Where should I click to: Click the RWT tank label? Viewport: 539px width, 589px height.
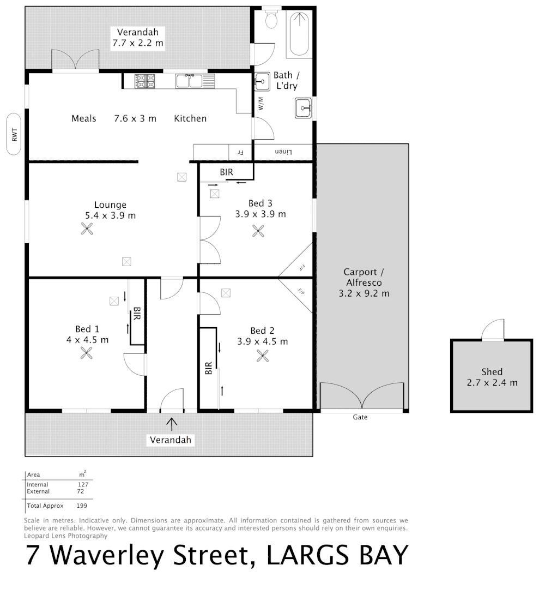pyautogui.click(x=15, y=134)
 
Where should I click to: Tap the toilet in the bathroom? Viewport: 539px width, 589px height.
pyautogui.click(x=271, y=20)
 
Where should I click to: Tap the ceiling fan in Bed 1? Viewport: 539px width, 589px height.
pyautogui.click(x=87, y=354)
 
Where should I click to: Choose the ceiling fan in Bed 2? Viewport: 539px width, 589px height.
pyautogui.click(x=263, y=356)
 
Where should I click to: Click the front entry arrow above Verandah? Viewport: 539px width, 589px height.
pyautogui.click(x=172, y=423)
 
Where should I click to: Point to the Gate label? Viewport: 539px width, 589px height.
pyautogui.click(x=360, y=417)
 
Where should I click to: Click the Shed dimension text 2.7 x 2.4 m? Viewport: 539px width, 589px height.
pyautogui.click(x=492, y=382)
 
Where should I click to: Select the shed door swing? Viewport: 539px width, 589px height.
pyautogui.click(x=493, y=329)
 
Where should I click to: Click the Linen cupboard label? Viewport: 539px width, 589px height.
pyautogui.click(x=283, y=151)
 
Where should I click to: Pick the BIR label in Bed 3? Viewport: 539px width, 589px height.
pyautogui.click(x=226, y=172)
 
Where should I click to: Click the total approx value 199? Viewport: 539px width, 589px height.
pyautogui.click(x=82, y=506)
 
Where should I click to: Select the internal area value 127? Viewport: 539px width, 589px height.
pyautogui.click(x=83, y=484)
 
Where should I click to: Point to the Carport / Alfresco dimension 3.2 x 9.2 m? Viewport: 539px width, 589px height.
pyautogui.click(x=364, y=293)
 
